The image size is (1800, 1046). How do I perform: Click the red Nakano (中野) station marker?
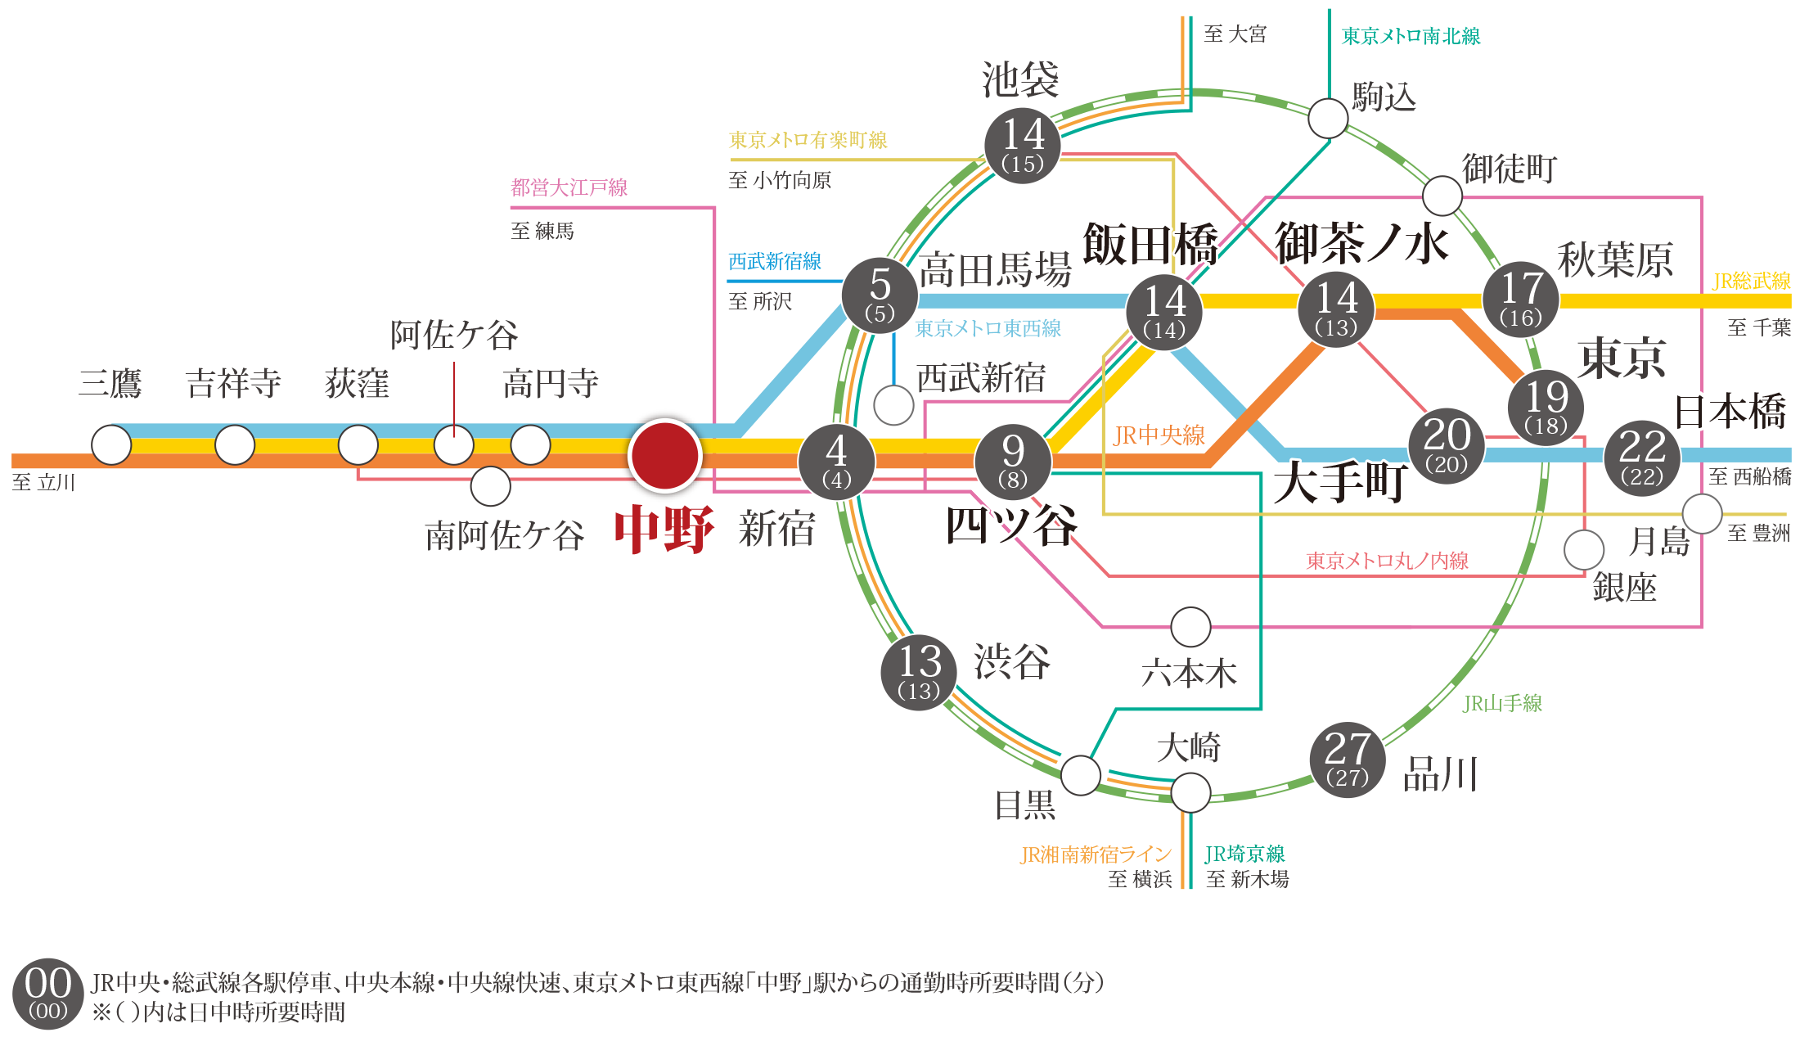[x=664, y=455]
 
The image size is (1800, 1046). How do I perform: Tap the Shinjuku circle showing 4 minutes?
[x=836, y=462]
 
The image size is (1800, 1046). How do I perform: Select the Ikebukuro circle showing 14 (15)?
[x=1022, y=146]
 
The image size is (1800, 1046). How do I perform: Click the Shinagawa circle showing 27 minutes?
[x=1348, y=760]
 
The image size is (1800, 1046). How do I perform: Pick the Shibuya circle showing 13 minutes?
[x=919, y=672]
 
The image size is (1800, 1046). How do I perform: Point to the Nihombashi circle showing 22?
[x=1642, y=458]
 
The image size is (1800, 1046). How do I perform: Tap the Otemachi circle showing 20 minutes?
[x=1447, y=446]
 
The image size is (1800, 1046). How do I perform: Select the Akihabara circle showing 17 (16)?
[x=1521, y=299]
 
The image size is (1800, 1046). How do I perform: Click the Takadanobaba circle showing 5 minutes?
[x=880, y=295]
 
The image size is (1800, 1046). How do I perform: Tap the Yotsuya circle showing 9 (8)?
[x=1013, y=462]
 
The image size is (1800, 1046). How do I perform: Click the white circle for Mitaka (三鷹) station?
[x=111, y=445]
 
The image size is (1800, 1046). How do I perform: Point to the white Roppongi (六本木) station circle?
[x=1190, y=628]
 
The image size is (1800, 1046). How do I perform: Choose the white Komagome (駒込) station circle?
[x=1328, y=119]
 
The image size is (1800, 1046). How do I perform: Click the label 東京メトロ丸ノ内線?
[x=1387, y=561]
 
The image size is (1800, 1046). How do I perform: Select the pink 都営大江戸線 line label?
[x=569, y=187]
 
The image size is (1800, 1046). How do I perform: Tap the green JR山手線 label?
[x=1502, y=703]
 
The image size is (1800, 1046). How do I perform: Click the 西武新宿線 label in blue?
[x=775, y=261]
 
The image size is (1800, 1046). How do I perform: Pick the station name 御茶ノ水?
[x=1361, y=243]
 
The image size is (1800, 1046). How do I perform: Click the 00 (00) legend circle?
[x=48, y=994]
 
